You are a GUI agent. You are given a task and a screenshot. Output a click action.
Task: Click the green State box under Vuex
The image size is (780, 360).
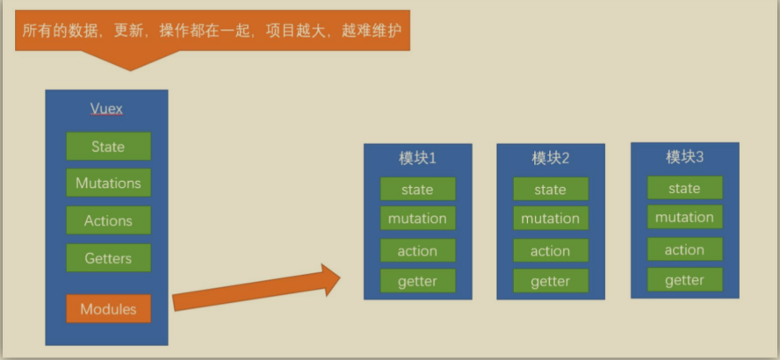click(x=108, y=147)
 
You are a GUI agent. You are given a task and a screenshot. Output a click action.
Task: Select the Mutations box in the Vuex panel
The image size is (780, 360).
click(x=108, y=184)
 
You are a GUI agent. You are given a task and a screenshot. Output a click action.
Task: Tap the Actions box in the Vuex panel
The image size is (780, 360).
click(x=108, y=221)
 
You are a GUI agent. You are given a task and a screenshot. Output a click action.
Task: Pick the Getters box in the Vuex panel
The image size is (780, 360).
click(x=108, y=258)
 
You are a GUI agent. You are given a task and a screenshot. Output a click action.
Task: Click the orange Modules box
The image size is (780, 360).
click(x=108, y=309)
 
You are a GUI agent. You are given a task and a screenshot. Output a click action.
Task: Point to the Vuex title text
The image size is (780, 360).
click(x=106, y=109)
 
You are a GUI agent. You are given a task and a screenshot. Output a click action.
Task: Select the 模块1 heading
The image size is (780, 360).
click(x=417, y=159)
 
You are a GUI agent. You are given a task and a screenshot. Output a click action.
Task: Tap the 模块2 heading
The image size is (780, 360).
click(x=551, y=159)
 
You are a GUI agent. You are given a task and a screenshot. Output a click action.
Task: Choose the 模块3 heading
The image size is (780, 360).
click(x=684, y=157)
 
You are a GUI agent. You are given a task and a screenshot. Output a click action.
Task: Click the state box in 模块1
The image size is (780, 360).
click(x=417, y=189)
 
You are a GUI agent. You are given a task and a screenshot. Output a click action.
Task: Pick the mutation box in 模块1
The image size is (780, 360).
click(x=417, y=219)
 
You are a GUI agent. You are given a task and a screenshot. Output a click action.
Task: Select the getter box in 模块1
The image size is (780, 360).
click(x=417, y=281)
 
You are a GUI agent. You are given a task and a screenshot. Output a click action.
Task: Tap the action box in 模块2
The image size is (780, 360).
click(x=551, y=251)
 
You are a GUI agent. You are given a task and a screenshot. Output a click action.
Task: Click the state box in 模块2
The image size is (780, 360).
click(x=551, y=189)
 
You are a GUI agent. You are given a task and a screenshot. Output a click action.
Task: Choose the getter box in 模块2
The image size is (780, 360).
click(x=551, y=281)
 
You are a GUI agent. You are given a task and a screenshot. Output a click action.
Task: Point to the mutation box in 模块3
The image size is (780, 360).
click(x=684, y=218)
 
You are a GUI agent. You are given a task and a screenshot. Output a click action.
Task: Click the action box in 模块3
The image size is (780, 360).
click(x=684, y=249)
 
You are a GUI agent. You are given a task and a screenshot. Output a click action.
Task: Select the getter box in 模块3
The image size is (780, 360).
click(x=684, y=280)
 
